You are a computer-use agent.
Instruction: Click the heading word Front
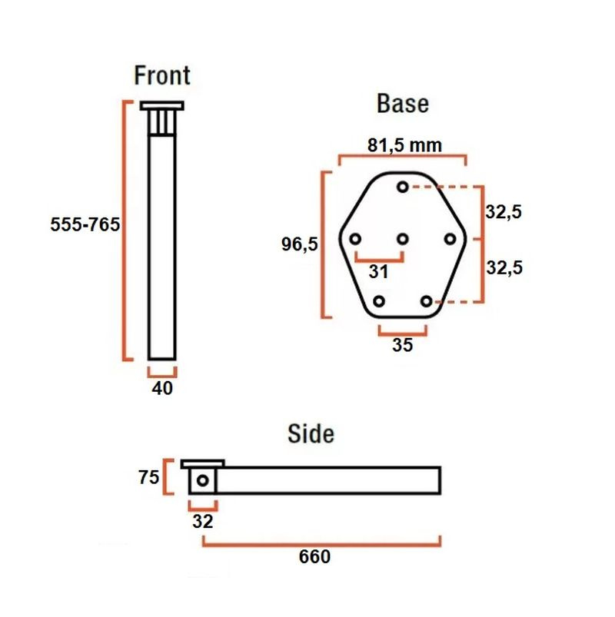click(x=161, y=75)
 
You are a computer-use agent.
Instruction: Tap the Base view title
click(x=403, y=104)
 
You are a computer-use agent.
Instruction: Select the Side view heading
click(x=311, y=433)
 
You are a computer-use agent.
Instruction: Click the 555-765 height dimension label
click(x=85, y=224)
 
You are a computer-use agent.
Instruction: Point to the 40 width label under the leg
click(x=162, y=388)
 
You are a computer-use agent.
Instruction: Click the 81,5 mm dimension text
click(x=405, y=145)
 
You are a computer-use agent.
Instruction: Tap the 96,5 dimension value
click(x=299, y=244)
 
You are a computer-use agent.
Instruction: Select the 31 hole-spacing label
click(x=378, y=271)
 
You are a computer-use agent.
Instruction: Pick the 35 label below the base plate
click(x=402, y=345)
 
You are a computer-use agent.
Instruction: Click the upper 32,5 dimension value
click(x=504, y=212)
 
